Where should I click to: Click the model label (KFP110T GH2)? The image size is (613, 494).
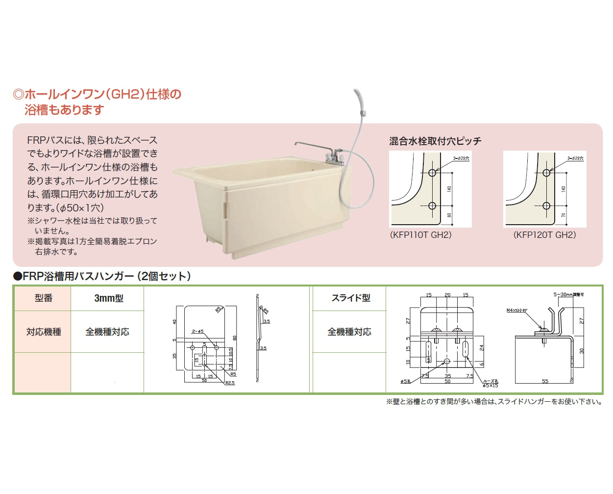click(420, 235)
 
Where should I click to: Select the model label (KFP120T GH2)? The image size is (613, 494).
click(544, 235)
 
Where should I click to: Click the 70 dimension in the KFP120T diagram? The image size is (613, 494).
click(564, 215)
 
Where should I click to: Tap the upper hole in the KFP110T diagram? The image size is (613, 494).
click(432, 173)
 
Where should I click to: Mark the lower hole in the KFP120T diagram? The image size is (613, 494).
click(546, 206)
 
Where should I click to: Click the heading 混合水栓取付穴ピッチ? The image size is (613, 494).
click(435, 141)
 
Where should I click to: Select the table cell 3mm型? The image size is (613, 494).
click(108, 298)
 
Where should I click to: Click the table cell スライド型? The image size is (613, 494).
click(350, 298)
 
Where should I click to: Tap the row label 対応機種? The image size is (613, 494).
click(43, 332)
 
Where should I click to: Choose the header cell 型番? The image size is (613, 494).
click(43, 298)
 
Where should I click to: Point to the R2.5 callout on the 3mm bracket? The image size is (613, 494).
click(230, 383)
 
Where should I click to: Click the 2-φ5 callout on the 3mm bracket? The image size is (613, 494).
click(197, 332)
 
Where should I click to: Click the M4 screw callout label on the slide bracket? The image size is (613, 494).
click(516, 311)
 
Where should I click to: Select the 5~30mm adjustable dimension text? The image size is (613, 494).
click(568, 294)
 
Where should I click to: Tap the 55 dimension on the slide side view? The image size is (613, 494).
click(545, 381)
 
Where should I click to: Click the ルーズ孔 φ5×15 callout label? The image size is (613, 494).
click(490, 383)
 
